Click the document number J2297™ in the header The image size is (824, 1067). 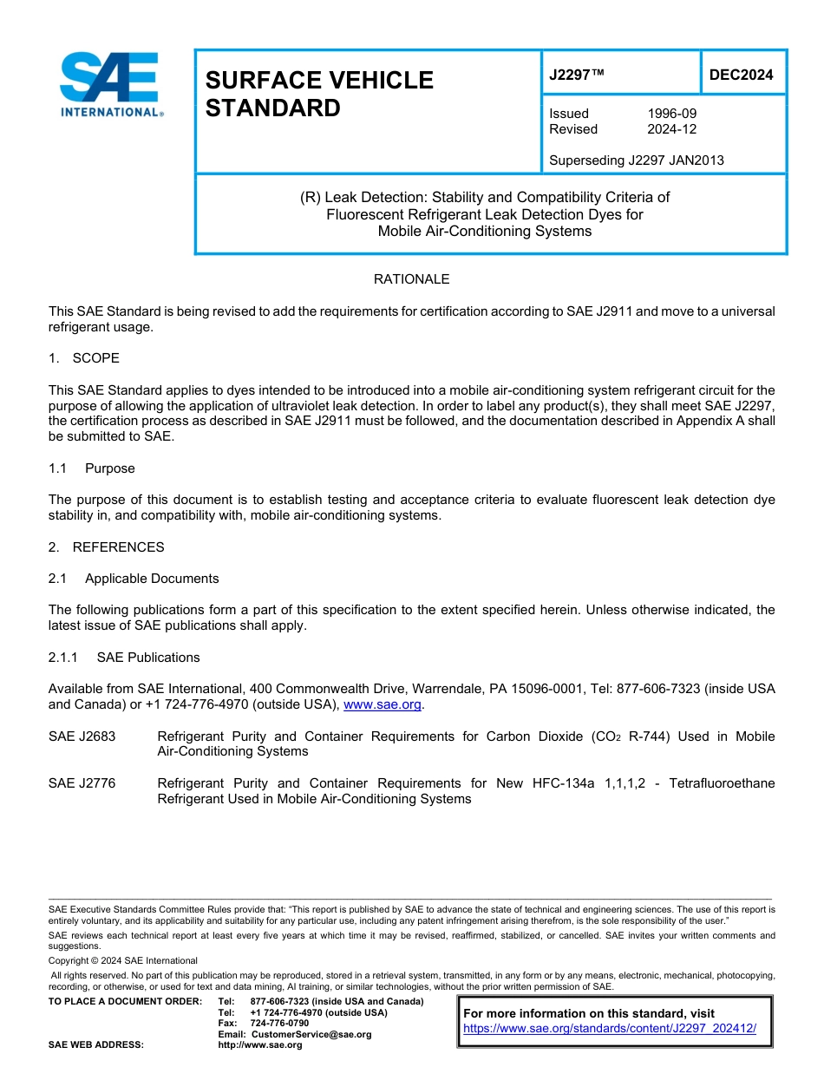tap(576, 75)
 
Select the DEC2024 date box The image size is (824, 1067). tap(741, 75)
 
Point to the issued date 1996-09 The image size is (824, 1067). tap(671, 114)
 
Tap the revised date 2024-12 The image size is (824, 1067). tap(671, 129)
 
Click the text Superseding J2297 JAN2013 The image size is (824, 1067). tap(636, 160)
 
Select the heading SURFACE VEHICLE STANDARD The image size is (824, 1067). tap(318, 94)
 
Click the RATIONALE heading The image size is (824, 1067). tap(411, 279)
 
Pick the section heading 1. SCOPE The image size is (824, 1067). tap(84, 358)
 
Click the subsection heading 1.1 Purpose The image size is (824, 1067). tap(92, 468)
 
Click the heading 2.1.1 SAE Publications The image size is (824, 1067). tap(124, 658)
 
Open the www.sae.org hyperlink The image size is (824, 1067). tap(382, 705)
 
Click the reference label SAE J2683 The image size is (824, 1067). tap(82, 736)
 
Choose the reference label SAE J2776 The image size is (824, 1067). tap(82, 783)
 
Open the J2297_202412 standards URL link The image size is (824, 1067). tap(609, 1029)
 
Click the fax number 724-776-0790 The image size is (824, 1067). tap(278, 1024)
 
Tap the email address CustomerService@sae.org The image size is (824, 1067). tap(311, 1034)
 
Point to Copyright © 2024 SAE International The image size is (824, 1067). tap(123, 960)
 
